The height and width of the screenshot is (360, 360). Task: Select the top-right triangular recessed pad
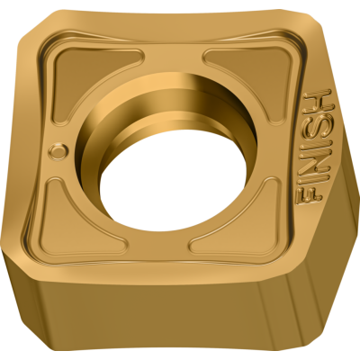click(247, 65)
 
